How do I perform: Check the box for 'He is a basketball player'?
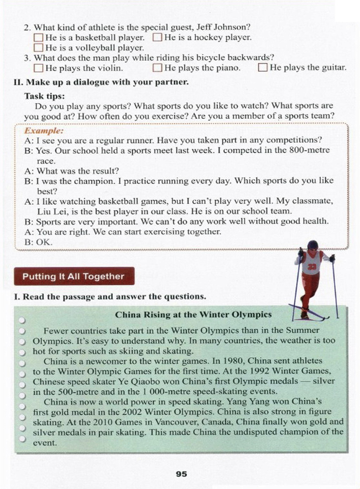coord(38,37)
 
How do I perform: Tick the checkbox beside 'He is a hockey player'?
coord(157,37)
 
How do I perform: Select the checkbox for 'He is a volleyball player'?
coord(38,47)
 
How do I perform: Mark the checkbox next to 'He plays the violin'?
coord(38,68)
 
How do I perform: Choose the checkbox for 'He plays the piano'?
coord(157,68)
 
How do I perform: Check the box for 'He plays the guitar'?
coord(262,67)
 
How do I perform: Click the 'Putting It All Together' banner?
coord(74,276)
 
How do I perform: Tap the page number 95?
coord(181,474)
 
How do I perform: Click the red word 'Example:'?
coord(44,131)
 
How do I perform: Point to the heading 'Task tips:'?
coord(45,96)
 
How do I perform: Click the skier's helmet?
coord(312,245)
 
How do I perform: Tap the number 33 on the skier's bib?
coord(312,267)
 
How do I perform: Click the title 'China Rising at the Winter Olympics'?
coord(193,315)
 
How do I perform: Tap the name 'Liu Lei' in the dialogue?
coord(49,211)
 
